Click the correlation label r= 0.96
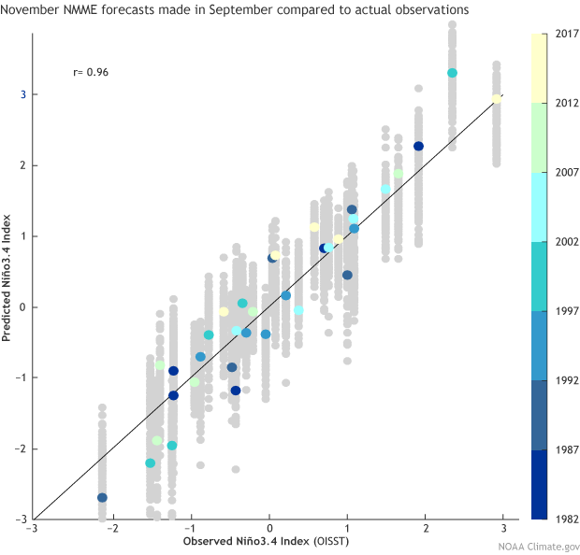click(91, 71)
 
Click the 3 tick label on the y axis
click(22, 94)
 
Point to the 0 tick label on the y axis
click(22, 306)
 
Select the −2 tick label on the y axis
click(20, 448)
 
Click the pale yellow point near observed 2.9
click(497, 99)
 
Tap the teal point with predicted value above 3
click(452, 73)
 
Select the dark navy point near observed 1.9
click(419, 146)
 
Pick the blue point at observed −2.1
click(102, 498)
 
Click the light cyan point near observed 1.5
click(385, 190)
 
